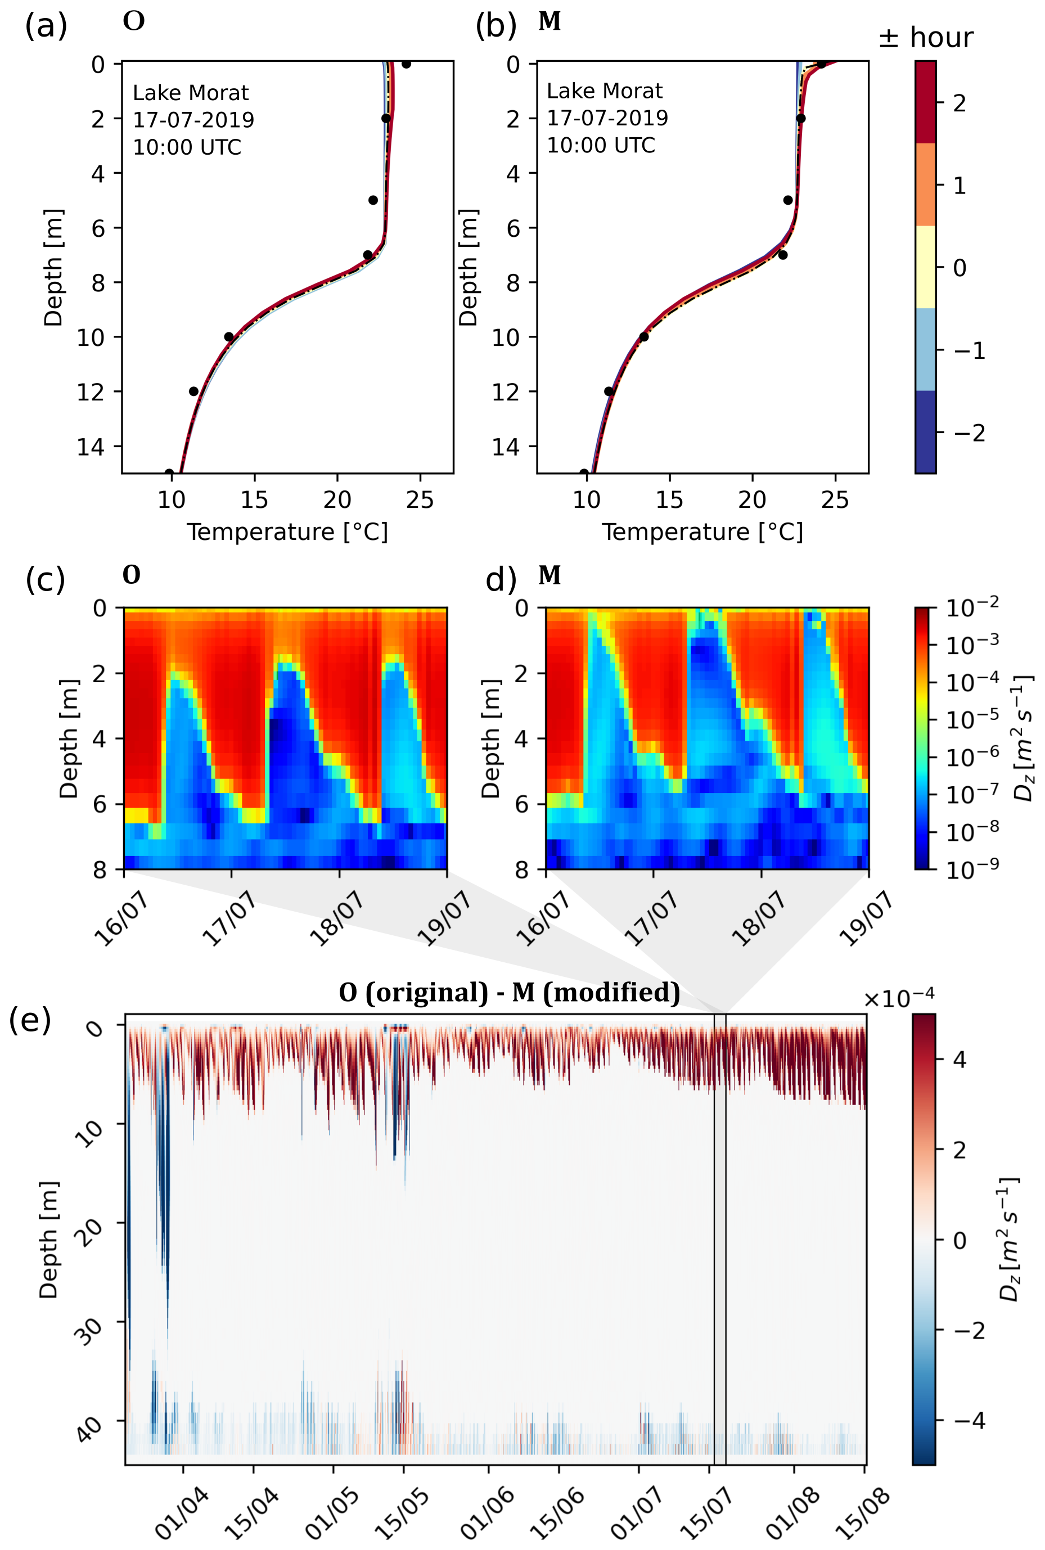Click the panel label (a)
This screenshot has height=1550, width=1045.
tap(46, 26)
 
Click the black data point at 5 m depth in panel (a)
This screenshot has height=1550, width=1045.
tap(373, 200)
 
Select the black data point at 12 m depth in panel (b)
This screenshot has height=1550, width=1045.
tap(609, 391)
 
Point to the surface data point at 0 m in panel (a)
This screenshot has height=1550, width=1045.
tap(406, 64)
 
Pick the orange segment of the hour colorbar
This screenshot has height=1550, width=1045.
tap(925, 184)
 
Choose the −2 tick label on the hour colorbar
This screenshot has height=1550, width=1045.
tap(970, 433)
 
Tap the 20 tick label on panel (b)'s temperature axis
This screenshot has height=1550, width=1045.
tap(752, 500)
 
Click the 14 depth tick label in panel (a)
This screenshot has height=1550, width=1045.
tap(91, 447)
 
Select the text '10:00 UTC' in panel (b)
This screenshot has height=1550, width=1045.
tap(601, 145)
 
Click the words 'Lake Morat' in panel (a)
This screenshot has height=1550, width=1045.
tap(191, 93)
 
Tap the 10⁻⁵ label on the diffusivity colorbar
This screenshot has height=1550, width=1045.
tap(974, 720)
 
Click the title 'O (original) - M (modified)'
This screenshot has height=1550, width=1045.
tap(509, 992)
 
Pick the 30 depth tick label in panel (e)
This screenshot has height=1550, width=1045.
tap(89, 1331)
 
